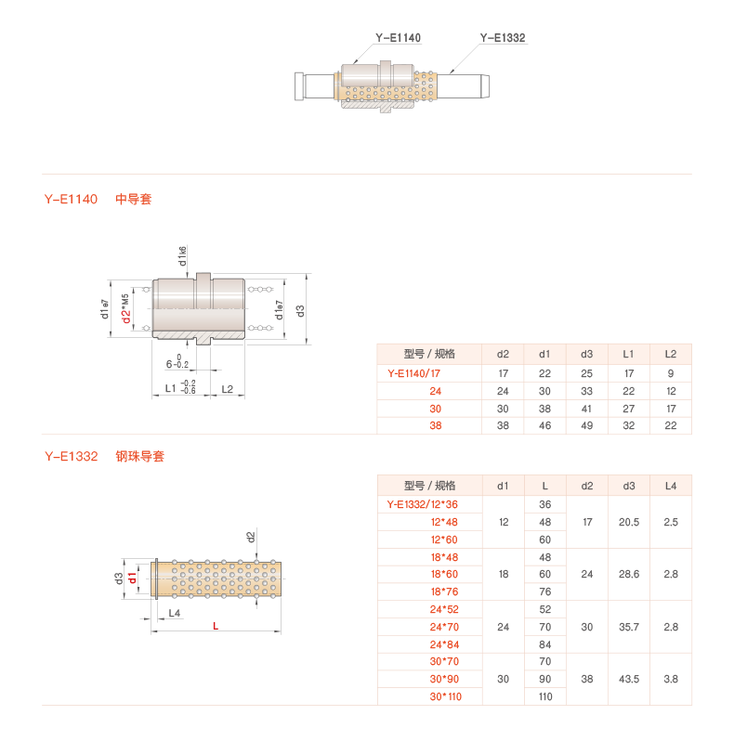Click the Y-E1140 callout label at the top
click(398, 38)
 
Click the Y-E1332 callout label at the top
click(503, 38)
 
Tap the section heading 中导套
click(133, 200)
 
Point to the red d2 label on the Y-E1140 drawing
click(125, 315)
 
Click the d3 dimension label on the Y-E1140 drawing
click(300, 310)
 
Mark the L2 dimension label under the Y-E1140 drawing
click(228, 388)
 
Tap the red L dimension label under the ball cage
click(216, 627)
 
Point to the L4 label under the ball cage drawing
click(173, 613)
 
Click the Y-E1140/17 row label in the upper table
click(413, 373)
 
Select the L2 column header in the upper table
click(671, 354)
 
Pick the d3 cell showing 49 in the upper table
click(586, 426)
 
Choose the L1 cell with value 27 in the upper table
click(628, 409)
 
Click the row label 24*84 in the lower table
click(443, 644)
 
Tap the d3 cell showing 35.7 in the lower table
click(628, 627)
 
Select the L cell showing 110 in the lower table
click(545, 696)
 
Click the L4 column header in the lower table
click(671, 486)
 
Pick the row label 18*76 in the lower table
click(443, 591)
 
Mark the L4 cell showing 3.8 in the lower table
click(671, 679)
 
